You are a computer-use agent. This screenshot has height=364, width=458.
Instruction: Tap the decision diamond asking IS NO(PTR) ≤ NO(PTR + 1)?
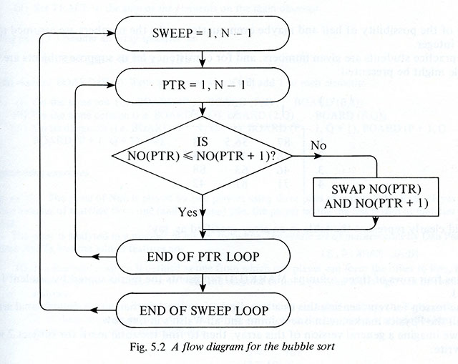click(x=204, y=152)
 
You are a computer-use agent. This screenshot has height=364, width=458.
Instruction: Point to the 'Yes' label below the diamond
click(x=187, y=212)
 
